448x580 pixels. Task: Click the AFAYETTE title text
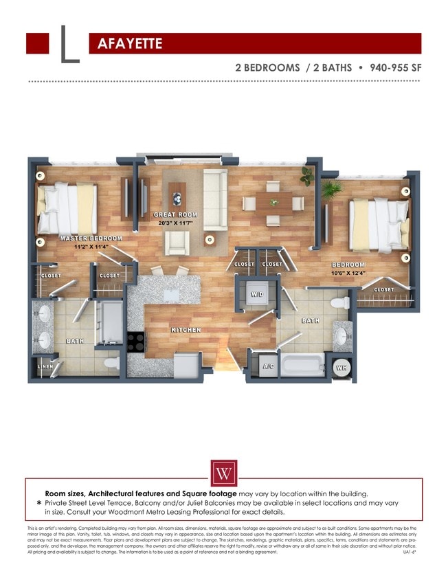pyautogui.click(x=130, y=44)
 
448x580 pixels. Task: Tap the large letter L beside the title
pyautogui.click(x=69, y=45)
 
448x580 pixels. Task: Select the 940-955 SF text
pyautogui.click(x=395, y=68)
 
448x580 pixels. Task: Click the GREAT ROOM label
pyautogui.click(x=175, y=215)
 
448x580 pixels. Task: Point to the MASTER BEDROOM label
pyautogui.click(x=91, y=238)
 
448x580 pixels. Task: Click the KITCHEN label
pyautogui.click(x=186, y=331)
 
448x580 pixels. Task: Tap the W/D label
pyautogui.click(x=256, y=294)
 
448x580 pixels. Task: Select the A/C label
pyautogui.click(x=269, y=366)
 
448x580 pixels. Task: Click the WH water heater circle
pyautogui.click(x=341, y=367)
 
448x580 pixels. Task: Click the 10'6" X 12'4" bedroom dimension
pyautogui.click(x=348, y=273)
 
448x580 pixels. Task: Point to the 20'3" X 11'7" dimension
pyautogui.click(x=175, y=223)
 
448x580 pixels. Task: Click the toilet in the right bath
pyautogui.click(x=339, y=302)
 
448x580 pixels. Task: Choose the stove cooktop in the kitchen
pyautogui.click(x=136, y=341)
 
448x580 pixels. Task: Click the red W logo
pyautogui.click(x=223, y=473)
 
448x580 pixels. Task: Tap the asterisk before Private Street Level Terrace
pyautogui.click(x=39, y=503)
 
